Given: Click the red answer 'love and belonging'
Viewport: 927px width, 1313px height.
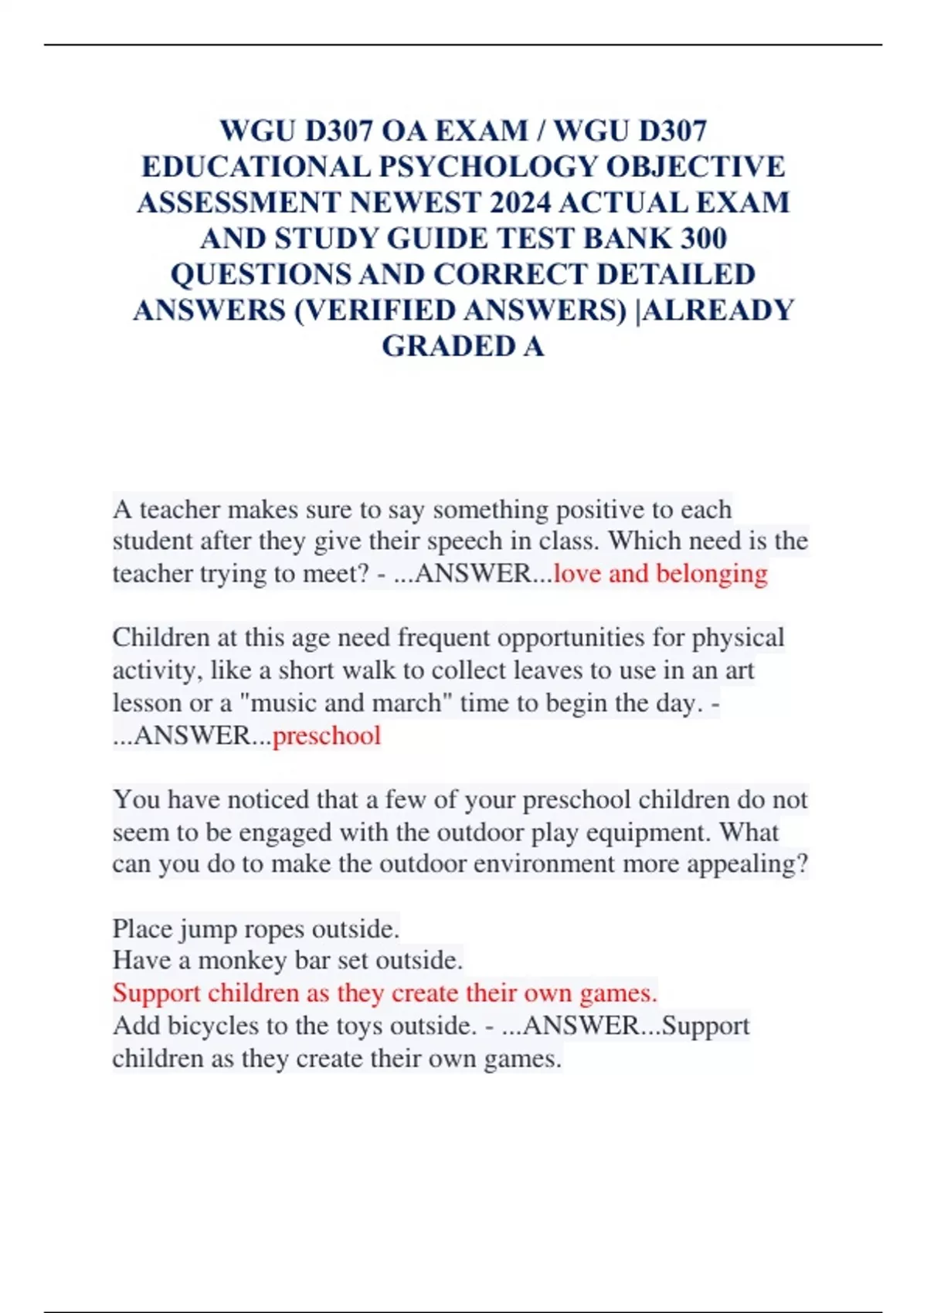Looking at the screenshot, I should coord(660,573).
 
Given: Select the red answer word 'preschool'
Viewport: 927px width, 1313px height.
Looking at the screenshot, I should coord(327,735).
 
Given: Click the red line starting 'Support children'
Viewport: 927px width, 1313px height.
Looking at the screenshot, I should coord(385,992).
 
